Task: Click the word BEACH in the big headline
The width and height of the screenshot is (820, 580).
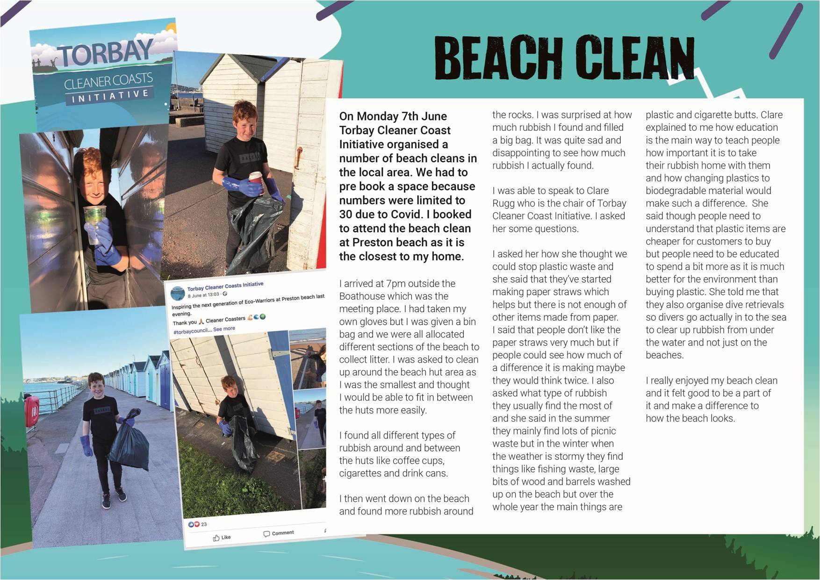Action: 498,58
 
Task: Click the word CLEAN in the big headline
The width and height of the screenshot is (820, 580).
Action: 634,58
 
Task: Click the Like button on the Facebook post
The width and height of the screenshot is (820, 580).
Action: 222,537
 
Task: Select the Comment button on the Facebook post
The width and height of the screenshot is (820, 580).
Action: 279,533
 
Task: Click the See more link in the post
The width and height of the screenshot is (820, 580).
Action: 224,329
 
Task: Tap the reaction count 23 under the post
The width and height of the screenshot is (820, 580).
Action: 204,524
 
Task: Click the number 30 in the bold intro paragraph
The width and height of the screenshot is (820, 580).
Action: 348,215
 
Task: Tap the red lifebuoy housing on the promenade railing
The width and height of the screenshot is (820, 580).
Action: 31,412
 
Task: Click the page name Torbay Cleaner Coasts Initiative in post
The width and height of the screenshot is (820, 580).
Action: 225,286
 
